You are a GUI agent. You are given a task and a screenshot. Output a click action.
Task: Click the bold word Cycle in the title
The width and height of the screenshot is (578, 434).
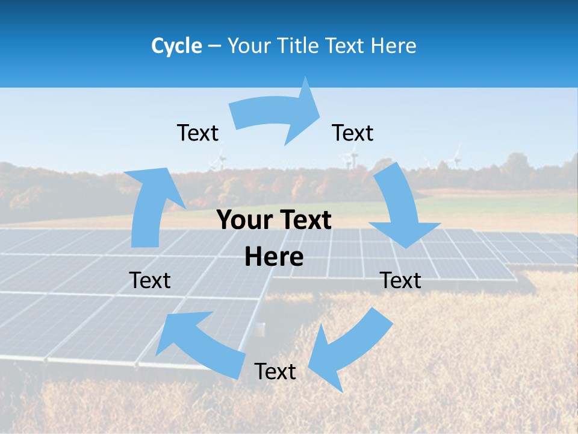coord(176,46)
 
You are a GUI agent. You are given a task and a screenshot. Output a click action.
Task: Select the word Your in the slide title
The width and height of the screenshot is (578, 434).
coord(248,46)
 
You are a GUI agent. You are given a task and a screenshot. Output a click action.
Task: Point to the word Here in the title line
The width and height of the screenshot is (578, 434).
coord(393,46)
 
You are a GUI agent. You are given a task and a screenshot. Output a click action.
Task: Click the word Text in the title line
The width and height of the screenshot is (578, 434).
coord(346,46)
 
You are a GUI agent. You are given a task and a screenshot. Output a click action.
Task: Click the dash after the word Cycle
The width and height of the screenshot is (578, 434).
coord(214,46)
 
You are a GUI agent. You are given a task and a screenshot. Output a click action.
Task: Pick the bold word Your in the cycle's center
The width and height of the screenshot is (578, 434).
coord(242,221)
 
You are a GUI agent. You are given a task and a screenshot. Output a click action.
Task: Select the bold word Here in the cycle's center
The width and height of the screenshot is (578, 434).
coord(274,257)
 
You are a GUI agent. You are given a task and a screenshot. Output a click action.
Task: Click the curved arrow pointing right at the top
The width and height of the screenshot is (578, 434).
coord(277,113)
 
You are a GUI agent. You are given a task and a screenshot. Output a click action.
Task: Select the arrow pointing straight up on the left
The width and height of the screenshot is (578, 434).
coord(151,205)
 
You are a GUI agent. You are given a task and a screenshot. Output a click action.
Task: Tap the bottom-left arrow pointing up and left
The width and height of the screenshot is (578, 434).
coord(199,344)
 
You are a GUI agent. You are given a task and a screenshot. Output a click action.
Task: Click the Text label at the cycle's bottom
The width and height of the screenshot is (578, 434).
coord(275,371)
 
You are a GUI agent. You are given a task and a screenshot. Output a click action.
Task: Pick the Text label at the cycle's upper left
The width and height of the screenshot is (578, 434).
coord(197,133)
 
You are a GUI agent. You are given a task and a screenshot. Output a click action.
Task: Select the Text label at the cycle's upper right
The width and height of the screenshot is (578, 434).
coord(353,133)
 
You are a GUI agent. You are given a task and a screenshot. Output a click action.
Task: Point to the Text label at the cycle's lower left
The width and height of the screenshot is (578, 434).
coord(150,280)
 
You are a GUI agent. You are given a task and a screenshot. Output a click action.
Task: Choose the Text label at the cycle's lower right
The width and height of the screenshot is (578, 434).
coord(401,280)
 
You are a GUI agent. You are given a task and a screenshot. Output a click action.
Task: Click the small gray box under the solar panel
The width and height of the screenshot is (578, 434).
coord(259,329)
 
